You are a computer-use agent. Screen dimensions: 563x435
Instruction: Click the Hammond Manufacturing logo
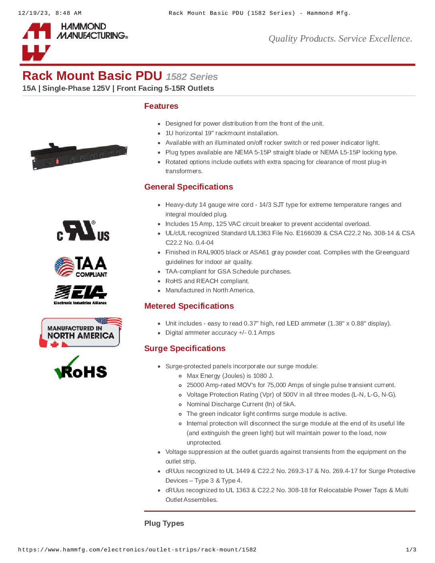75,41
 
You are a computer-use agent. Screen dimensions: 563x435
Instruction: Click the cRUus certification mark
83,231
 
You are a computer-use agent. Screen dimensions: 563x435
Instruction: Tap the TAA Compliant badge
81,267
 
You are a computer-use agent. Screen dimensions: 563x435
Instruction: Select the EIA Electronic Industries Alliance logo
80,295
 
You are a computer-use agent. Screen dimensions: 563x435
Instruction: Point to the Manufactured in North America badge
81,332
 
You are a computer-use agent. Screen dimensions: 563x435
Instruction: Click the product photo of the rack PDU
79,156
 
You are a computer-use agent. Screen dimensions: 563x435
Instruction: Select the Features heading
161,106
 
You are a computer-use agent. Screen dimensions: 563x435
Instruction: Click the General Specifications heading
188,187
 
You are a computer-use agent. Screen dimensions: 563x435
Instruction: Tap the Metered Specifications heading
189,306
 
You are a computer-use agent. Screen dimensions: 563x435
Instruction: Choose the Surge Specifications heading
185,348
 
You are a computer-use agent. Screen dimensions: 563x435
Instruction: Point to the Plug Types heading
164,523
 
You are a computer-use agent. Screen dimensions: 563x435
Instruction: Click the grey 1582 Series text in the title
192,77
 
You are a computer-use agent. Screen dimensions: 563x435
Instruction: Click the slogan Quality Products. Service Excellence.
340,39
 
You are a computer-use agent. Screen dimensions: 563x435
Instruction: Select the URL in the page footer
137,550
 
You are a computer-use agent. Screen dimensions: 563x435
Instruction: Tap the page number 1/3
411,550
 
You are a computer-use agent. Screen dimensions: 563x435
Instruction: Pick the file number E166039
308,233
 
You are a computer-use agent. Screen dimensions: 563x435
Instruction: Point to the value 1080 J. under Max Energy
263,376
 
